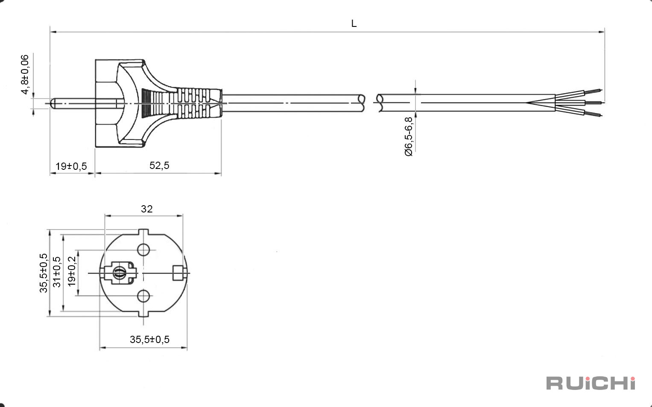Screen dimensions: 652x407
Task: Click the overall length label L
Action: [x=354, y=23]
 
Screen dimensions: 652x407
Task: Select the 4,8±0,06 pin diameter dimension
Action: [x=25, y=75]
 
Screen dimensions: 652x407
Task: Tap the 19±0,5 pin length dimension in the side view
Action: [x=71, y=166]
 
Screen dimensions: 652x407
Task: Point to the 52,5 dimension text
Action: [x=159, y=165]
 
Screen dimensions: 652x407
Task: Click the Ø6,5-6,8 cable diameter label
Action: [x=409, y=137]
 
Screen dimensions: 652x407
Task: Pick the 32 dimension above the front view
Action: [x=147, y=209]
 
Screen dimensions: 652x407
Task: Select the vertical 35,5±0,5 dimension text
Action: [x=44, y=273]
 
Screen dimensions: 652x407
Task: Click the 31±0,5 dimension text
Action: [x=57, y=272]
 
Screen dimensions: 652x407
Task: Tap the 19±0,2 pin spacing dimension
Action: [x=72, y=271]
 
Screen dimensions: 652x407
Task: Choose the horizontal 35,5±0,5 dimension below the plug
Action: [x=149, y=339]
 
